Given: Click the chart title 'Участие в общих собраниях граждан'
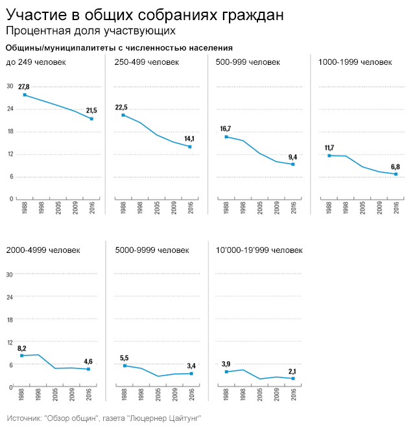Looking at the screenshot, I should (144, 14).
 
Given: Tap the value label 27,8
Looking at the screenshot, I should (24, 86).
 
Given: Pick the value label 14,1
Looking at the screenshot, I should (189, 139).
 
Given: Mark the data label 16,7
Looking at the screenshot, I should (226, 128).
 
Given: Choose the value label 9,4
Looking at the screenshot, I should (292, 157).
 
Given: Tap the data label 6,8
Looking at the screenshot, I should (396, 167).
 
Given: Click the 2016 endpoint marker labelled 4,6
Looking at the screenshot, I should (89, 369).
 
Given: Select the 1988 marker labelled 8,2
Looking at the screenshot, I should (21, 355).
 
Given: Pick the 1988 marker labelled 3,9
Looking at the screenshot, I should (226, 372).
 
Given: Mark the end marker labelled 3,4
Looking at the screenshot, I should (191, 374).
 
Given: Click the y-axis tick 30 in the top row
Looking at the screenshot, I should (9, 86).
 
